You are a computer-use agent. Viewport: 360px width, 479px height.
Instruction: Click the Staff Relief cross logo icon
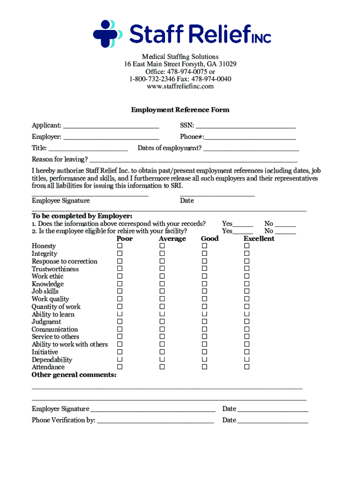pyautogui.click(x=107, y=34)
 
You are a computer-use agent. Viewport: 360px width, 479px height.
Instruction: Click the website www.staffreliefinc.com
pyautogui.click(x=180, y=87)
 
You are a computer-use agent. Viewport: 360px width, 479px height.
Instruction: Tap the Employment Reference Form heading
pyautogui.click(x=180, y=110)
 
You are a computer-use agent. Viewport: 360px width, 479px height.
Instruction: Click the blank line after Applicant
pyautogui.click(x=111, y=126)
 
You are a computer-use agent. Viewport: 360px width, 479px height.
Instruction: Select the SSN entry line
pyautogui.click(x=245, y=126)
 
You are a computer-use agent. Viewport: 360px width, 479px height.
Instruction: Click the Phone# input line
pyautogui.click(x=250, y=137)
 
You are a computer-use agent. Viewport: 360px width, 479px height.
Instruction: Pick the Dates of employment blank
pyautogui.click(x=251, y=149)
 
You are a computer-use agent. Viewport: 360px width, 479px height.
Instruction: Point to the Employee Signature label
pyautogui.click(x=61, y=201)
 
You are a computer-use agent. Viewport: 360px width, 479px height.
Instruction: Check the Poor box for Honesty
pyautogui.click(x=120, y=246)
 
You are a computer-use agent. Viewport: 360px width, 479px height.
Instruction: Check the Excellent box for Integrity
pyautogui.click(x=247, y=254)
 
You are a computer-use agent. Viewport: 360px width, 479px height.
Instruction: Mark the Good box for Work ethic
pyautogui.click(x=204, y=276)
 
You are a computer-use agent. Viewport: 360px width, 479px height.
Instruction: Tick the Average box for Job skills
pyautogui.click(x=162, y=291)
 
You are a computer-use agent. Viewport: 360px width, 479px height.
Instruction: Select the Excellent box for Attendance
pyautogui.click(x=247, y=367)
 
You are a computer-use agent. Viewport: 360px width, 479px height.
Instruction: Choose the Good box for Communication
pyautogui.click(x=204, y=329)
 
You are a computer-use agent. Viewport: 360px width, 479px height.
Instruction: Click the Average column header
pyautogui.click(x=172, y=239)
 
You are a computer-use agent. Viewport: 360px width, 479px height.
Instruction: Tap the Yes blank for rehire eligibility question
pyautogui.click(x=243, y=232)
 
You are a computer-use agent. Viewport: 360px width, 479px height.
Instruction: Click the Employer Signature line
pyautogui.click(x=152, y=409)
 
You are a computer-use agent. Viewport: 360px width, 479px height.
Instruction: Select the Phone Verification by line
pyautogui.click(x=155, y=421)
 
